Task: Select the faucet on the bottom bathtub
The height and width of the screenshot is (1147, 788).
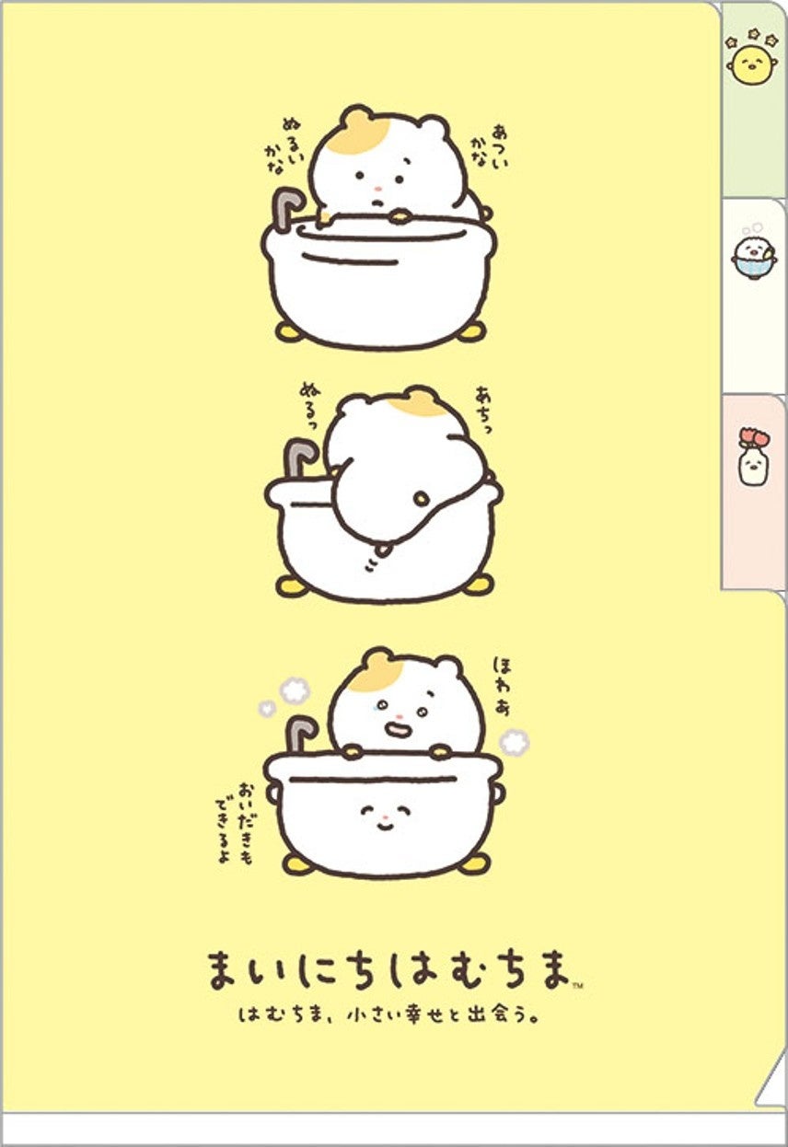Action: (x=300, y=732)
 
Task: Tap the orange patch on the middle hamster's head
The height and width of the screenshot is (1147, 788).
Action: (x=413, y=402)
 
